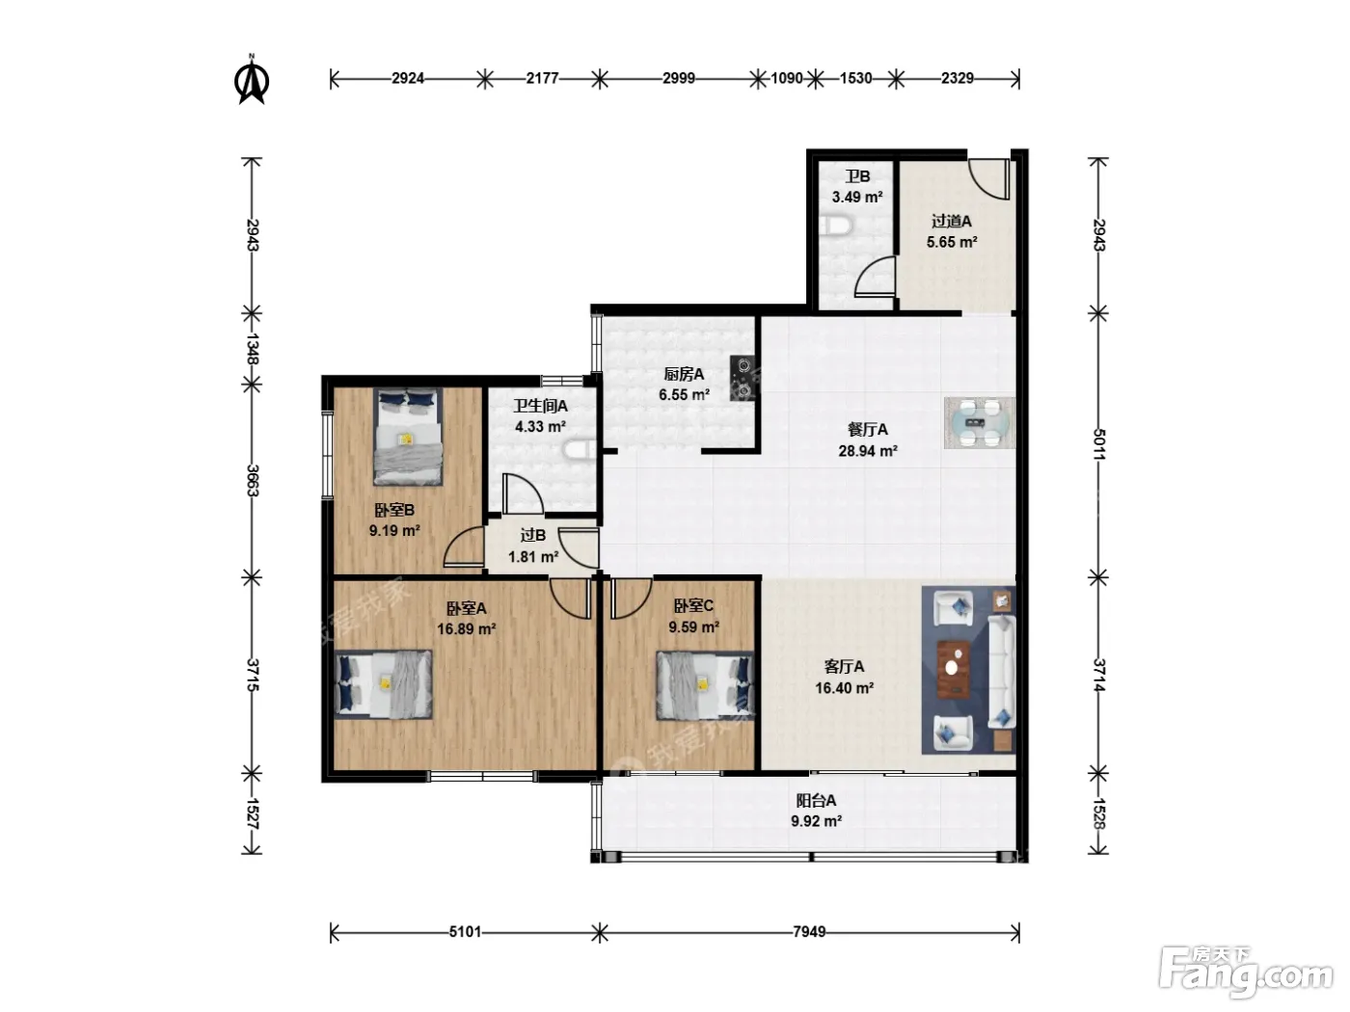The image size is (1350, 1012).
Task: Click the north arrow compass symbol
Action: (252, 79)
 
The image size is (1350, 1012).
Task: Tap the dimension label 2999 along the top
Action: (679, 78)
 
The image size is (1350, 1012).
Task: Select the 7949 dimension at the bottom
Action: (809, 931)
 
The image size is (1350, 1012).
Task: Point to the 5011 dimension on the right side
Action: (1099, 444)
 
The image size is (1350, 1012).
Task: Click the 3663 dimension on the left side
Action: (253, 481)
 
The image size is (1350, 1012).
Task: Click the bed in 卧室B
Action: (408, 437)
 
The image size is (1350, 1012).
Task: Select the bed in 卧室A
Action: (383, 684)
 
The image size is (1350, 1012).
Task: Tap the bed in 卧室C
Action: (706, 685)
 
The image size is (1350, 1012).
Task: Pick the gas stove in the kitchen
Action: (742, 379)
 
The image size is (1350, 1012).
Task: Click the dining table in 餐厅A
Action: (980, 423)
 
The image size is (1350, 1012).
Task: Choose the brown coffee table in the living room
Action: (954, 669)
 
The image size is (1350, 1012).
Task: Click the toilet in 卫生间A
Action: (580, 450)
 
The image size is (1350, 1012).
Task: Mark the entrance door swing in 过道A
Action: (989, 179)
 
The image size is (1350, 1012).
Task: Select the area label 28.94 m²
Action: (867, 451)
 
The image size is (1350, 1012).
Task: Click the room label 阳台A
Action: (816, 800)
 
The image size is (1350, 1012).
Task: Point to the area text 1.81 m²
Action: (532, 557)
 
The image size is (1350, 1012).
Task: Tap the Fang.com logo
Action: (1246, 972)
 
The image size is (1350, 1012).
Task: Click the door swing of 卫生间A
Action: (523, 493)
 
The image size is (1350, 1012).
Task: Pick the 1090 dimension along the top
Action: (787, 78)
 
